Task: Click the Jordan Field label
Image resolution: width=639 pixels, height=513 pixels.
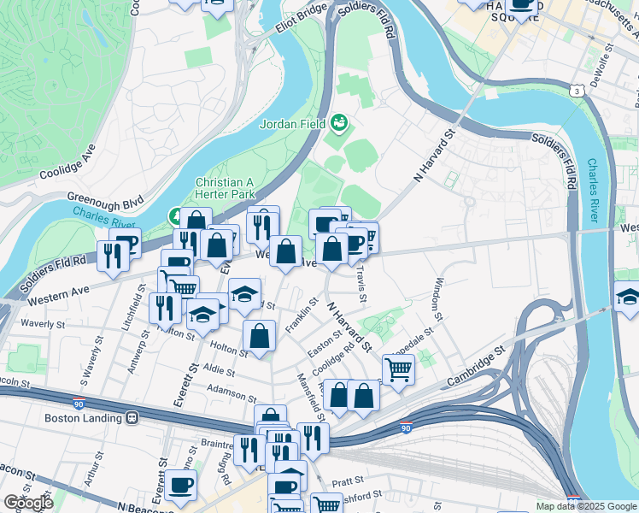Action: (x=293, y=123)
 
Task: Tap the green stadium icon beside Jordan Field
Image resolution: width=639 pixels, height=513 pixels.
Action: (x=340, y=123)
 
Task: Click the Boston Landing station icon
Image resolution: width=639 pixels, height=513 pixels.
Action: (x=132, y=418)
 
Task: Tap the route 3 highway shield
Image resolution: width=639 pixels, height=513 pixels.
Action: (x=579, y=91)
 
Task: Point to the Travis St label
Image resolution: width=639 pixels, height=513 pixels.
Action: (x=363, y=282)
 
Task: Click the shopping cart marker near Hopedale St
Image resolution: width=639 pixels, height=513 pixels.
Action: (x=398, y=369)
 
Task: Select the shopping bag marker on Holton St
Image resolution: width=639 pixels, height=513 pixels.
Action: (x=259, y=336)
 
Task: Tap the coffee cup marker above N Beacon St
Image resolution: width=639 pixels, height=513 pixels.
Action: (x=180, y=485)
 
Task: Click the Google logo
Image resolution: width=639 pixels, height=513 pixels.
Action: (x=28, y=503)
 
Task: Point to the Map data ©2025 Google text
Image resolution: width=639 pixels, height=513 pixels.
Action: (x=585, y=506)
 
